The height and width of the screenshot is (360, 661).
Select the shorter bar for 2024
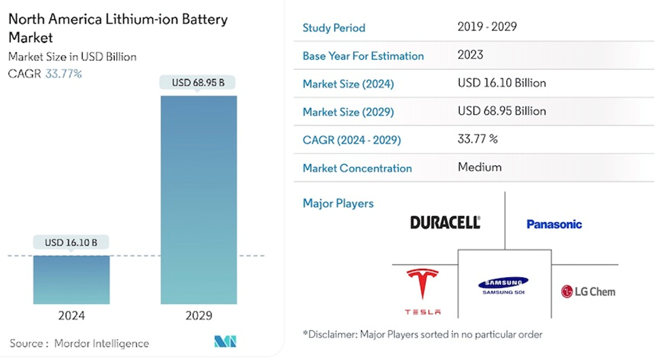pos(71,279)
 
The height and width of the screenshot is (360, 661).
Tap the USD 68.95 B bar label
pos(198,83)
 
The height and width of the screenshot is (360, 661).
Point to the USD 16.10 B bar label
pos(71,242)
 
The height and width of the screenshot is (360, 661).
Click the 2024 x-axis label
pos(71,315)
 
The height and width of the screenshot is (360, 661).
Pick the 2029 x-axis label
pos(198,315)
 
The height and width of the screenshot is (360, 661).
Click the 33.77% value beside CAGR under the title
pos(63,73)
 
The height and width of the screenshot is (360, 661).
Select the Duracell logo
pos(445,222)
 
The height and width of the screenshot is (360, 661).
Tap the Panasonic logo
pos(554,223)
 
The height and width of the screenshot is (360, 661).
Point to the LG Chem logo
pos(588,291)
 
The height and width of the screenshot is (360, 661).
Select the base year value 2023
pos(471,55)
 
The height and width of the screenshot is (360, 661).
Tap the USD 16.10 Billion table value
pos(502,83)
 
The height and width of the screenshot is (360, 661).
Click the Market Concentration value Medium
pos(480,167)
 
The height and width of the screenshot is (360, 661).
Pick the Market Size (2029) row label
pos(348,112)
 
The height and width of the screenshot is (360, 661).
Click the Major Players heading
pos(338,203)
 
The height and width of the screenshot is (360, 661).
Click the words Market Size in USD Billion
pos(72,57)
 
